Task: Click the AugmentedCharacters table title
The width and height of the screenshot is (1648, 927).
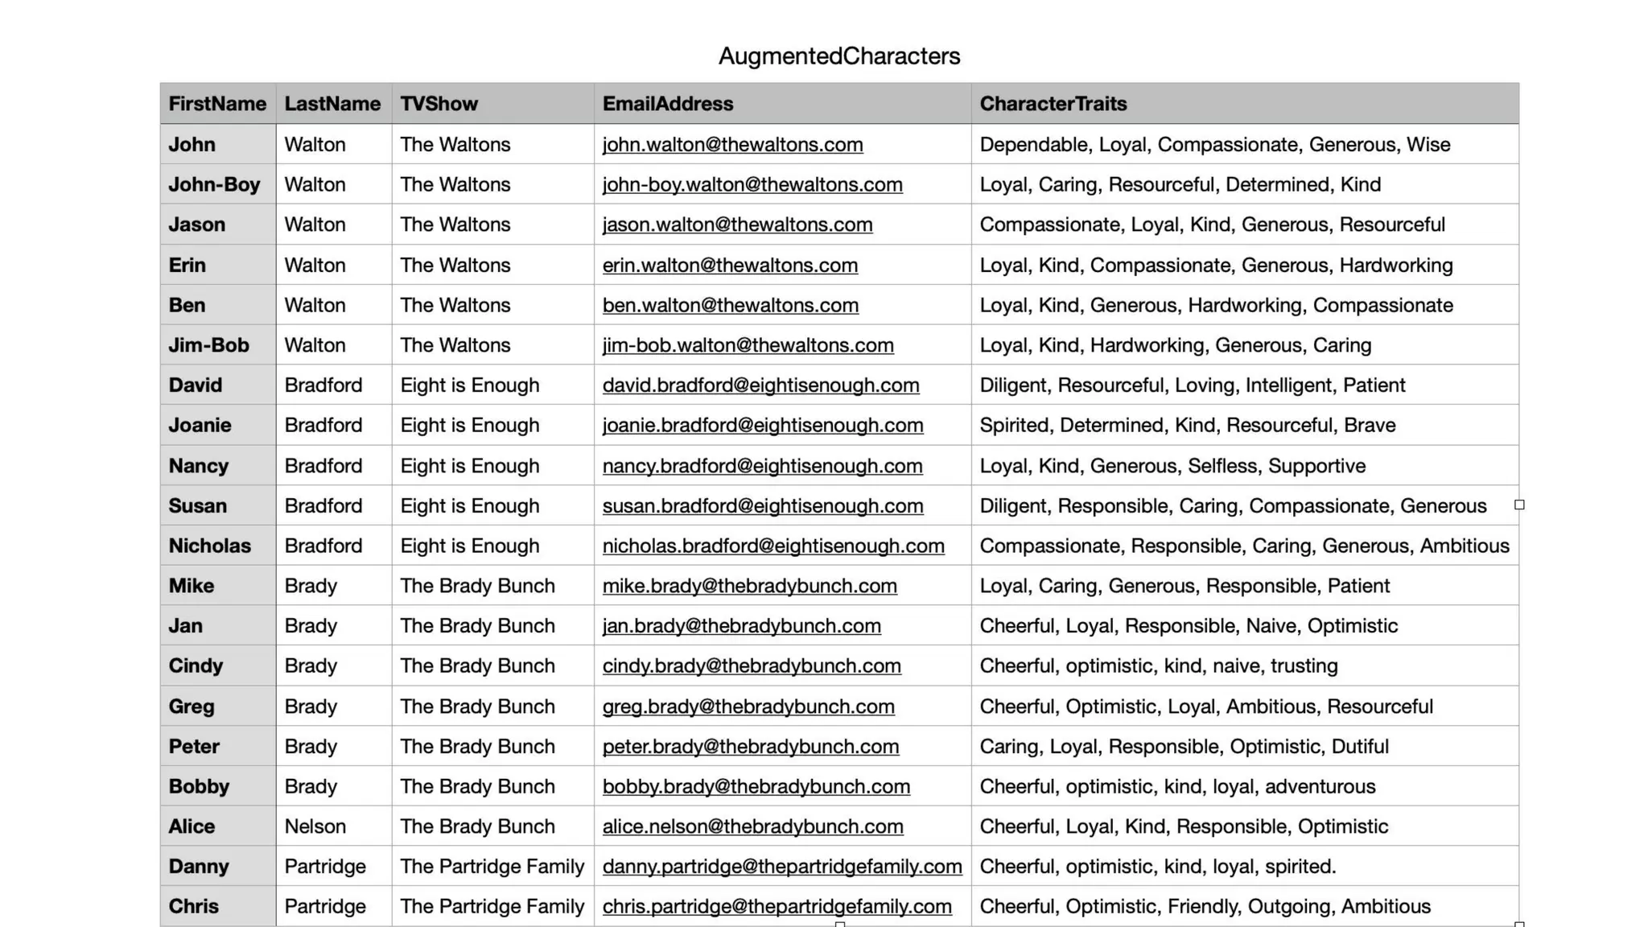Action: coord(838,56)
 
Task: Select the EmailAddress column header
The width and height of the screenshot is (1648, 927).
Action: coord(667,104)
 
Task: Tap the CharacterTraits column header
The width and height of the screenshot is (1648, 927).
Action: coord(1053,104)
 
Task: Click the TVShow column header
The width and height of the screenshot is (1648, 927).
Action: coord(439,104)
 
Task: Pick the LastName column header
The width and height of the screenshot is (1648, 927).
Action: coord(332,104)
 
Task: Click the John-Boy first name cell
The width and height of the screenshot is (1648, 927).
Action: coord(214,184)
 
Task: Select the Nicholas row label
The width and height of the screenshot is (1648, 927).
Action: coord(209,546)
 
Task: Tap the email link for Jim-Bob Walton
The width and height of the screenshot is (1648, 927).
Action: coord(748,345)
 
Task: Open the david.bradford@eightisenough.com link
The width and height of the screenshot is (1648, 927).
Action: coord(760,385)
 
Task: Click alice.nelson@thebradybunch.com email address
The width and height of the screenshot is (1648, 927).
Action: coord(752,826)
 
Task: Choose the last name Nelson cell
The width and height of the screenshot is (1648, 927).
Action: coord(315,826)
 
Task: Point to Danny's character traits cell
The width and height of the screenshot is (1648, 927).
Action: coord(1157,867)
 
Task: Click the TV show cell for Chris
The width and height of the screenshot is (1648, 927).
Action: coord(492,906)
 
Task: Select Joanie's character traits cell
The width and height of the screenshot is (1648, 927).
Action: coord(1187,425)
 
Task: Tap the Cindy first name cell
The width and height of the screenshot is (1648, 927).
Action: coord(196,665)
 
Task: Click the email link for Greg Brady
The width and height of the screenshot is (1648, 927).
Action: coord(748,707)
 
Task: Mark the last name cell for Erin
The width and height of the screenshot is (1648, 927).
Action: coord(315,265)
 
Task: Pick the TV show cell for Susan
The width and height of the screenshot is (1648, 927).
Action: coord(469,505)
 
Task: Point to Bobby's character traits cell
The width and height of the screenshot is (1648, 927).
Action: coord(1177,786)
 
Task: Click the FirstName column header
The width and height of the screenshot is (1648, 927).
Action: coord(217,104)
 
